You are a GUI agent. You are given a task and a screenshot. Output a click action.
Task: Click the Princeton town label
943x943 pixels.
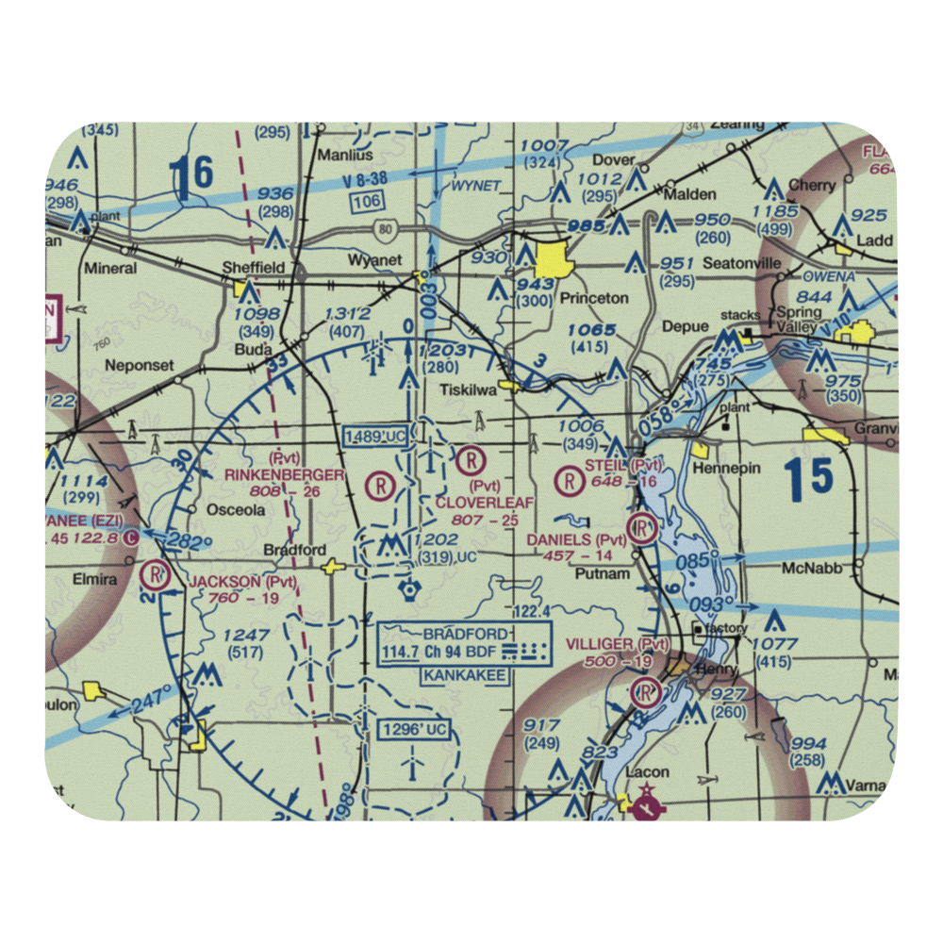click(594, 298)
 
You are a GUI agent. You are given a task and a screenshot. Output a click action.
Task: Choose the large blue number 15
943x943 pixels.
click(808, 478)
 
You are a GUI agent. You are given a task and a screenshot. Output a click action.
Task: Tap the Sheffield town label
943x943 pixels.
click(253, 268)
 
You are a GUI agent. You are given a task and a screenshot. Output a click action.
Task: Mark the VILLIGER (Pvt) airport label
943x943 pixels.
click(617, 644)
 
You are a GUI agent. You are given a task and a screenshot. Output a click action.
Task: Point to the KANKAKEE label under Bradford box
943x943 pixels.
click(464, 676)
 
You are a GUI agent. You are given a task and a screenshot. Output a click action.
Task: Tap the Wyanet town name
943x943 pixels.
click(374, 260)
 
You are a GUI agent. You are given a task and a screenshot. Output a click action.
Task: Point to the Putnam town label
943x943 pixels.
click(603, 572)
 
